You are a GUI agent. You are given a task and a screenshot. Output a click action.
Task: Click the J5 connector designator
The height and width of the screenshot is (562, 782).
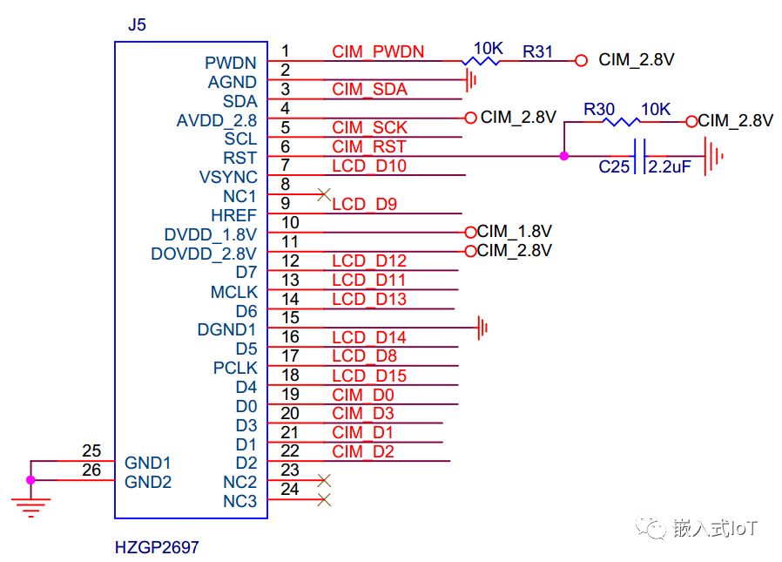pyautogui.click(x=137, y=24)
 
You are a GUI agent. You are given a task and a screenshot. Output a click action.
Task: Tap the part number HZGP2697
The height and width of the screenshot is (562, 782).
pyautogui.click(x=157, y=548)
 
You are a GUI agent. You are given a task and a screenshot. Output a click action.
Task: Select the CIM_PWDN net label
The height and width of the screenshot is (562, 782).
pyautogui.click(x=378, y=51)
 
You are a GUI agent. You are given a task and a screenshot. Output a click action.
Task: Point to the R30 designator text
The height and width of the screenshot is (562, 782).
pyautogui.click(x=599, y=109)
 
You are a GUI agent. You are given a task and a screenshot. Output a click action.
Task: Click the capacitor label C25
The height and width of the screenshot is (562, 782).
pyautogui.click(x=614, y=166)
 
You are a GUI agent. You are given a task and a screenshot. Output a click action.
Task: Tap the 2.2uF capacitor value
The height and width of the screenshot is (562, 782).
pyautogui.click(x=669, y=166)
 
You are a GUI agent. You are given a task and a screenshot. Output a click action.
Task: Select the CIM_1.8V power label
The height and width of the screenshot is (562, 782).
pyautogui.click(x=515, y=231)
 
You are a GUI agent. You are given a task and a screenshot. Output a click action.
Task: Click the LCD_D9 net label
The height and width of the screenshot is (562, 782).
pyautogui.click(x=364, y=205)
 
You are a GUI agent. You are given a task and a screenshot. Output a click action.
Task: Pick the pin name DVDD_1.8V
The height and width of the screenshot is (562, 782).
pyautogui.click(x=211, y=234)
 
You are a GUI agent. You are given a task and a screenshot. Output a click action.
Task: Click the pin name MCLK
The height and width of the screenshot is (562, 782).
pyautogui.click(x=233, y=292)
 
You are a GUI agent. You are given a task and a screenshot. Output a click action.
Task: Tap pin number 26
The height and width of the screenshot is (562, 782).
pyautogui.click(x=91, y=471)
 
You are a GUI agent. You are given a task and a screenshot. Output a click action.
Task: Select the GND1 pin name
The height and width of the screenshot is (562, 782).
pyautogui.click(x=148, y=462)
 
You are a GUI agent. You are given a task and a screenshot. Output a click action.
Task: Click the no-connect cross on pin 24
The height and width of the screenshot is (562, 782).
pyautogui.click(x=325, y=500)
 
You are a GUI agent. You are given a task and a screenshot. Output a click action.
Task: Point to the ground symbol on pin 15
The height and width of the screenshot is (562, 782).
pyautogui.click(x=482, y=328)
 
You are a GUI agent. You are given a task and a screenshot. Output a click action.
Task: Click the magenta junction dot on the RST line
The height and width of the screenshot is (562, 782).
pyautogui.click(x=564, y=156)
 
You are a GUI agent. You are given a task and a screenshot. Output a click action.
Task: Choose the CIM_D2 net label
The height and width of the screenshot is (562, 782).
pyautogui.click(x=363, y=451)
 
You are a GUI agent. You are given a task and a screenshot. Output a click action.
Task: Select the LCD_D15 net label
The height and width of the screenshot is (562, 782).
pyautogui.click(x=369, y=376)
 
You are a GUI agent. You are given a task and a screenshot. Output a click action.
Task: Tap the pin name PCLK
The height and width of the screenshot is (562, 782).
pyautogui.click(x=235, y=368)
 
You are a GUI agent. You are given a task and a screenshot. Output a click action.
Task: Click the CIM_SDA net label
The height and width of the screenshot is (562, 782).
pyautogui.click(x=369, y=90)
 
